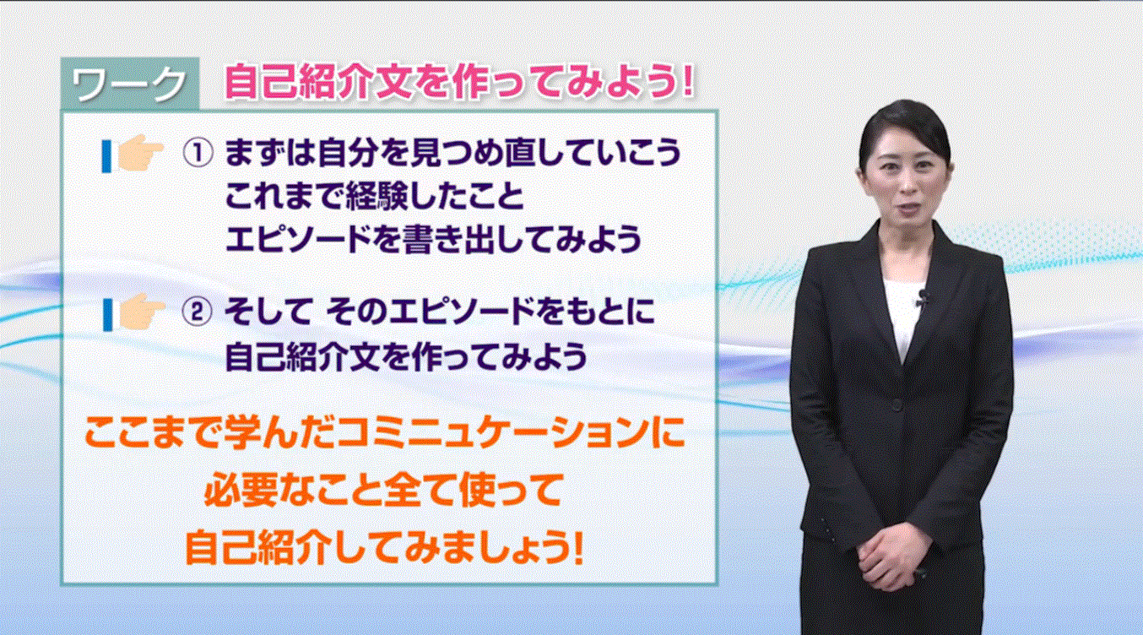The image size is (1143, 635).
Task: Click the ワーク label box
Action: (x=130, y=84)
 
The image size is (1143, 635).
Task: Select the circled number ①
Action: (x=198, y=153)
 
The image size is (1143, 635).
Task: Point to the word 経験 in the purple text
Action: (x=378, y=196)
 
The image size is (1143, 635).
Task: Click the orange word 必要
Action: (x=239, y=490)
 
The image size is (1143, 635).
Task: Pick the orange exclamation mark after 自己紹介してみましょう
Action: (x=578, y=547)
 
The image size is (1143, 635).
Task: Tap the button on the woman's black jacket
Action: (x=897, y=404)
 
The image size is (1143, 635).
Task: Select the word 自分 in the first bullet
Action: (x=347, y=153)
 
